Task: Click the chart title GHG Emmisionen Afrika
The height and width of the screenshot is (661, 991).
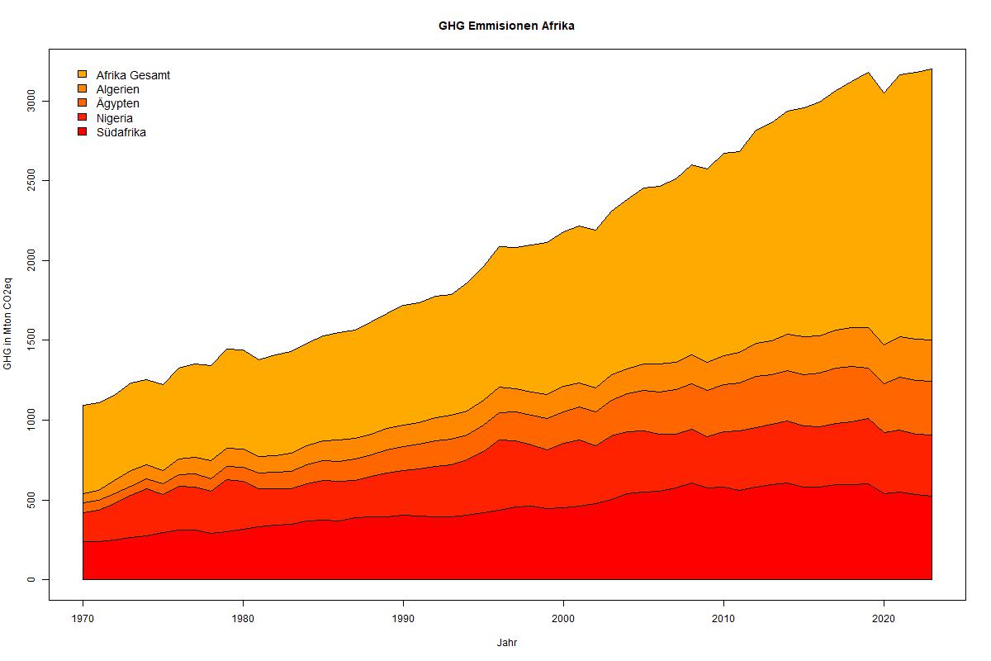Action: pos(506,26)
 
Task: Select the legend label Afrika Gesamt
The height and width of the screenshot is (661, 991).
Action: pos(133,75)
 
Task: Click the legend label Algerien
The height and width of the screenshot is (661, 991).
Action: pos(117,89)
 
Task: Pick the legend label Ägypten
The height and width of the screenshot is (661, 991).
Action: pos(117,103)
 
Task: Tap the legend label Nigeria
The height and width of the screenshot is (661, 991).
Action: pos(114,118)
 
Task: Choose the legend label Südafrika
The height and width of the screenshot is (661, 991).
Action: pos(121,132)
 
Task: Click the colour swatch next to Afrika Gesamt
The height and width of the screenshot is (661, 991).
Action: pos(82,74)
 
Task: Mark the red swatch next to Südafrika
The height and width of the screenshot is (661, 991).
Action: pos(82,132)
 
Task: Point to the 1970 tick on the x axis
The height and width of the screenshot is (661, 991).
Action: pos(83,618)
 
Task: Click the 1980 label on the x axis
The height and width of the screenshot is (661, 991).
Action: pos(243,618)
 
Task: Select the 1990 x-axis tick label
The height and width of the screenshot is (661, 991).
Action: pos(403,618)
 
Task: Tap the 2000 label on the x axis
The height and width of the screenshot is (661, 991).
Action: pos(563,618)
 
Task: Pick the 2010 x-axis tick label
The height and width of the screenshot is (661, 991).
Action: pos(723,618)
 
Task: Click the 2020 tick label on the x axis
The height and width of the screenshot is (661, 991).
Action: pos(884,618)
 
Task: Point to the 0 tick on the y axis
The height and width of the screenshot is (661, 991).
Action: pos(31,579)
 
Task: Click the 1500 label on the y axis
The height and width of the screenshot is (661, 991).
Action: pos(31,340)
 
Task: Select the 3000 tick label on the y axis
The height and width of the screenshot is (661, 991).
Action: pos(31,101)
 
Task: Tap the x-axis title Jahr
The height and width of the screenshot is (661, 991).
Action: pos(507,642)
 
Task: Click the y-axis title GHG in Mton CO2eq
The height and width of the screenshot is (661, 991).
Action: pos(8,326)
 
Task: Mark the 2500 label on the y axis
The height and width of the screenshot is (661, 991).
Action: pos(31,180)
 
